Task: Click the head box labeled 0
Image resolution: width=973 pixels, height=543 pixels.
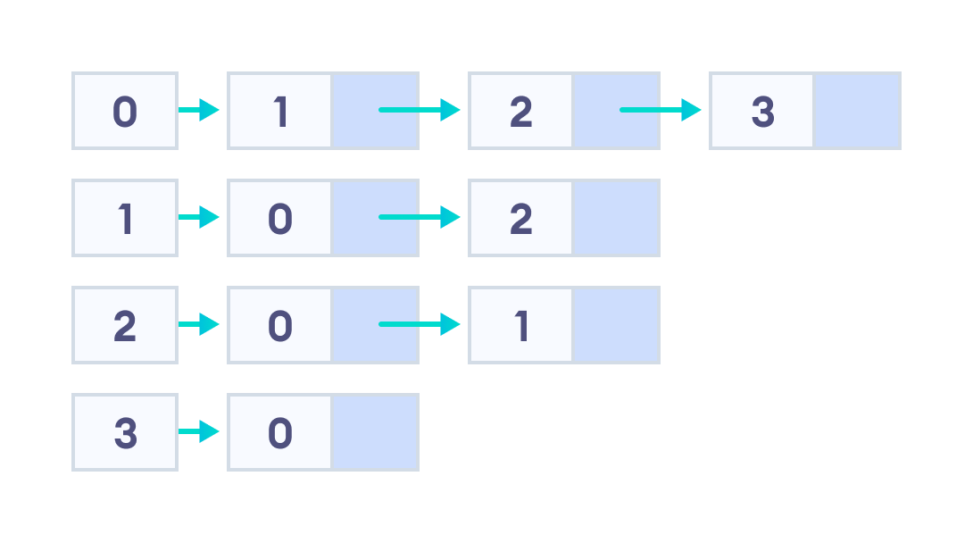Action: coord(125,111)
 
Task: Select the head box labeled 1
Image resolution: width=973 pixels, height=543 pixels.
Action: coord(125,218)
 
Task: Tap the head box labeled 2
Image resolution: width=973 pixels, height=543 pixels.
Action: coord(125,325)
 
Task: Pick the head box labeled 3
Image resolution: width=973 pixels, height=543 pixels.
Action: coord(125,432)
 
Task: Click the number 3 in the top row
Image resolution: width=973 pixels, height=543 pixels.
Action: coord(761,111)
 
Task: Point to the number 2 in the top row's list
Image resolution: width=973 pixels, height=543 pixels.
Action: coord(520,111)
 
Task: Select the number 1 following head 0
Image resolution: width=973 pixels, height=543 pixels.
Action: coord(280,111)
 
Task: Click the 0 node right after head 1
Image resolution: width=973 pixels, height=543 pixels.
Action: coord(280,218)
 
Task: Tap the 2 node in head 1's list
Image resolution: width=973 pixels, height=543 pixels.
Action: coord(520,218)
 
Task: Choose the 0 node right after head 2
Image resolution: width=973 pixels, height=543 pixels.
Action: coord(280,325)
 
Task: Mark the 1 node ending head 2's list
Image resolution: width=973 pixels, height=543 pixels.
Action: coord(520,325)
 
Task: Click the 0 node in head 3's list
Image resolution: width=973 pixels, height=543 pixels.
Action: coord(280,432)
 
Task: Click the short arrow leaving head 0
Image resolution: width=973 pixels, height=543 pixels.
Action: coord(198,110)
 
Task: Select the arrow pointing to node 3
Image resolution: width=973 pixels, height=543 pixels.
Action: coord(661,110)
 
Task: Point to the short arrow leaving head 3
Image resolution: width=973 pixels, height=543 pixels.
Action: coord(198,432)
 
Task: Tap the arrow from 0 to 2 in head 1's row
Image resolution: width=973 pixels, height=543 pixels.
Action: coord(420,217)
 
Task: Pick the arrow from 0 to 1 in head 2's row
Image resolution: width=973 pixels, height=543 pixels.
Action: coord(420,324)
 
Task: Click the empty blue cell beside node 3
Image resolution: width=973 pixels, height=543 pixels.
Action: coord(856,111)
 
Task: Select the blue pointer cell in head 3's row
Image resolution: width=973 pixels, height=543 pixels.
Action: coord(374,432)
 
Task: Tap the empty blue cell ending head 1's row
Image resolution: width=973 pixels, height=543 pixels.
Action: coord(615,218)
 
